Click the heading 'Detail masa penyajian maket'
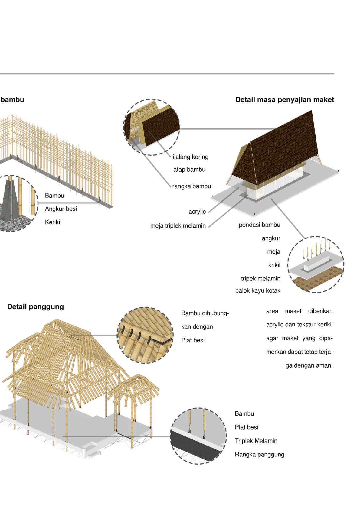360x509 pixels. click(284, 100)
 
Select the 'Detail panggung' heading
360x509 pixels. click(35, 307)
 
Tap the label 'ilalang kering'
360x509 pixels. click(190, 157)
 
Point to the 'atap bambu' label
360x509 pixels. click(189, 170)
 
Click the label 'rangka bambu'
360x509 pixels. click(191, 186)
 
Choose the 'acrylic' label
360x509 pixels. click(197, 212)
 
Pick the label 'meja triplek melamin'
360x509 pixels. click(178, 225)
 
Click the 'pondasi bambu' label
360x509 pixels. click(259, 225)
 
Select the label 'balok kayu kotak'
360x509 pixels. click(258, 291)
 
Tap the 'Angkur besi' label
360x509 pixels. click(61, 209)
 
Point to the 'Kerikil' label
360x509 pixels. click(53, 222)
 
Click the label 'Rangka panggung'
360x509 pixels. click(259, 454)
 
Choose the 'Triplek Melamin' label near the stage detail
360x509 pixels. click(256, 441)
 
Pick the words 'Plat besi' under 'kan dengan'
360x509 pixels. click(193, 340)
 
